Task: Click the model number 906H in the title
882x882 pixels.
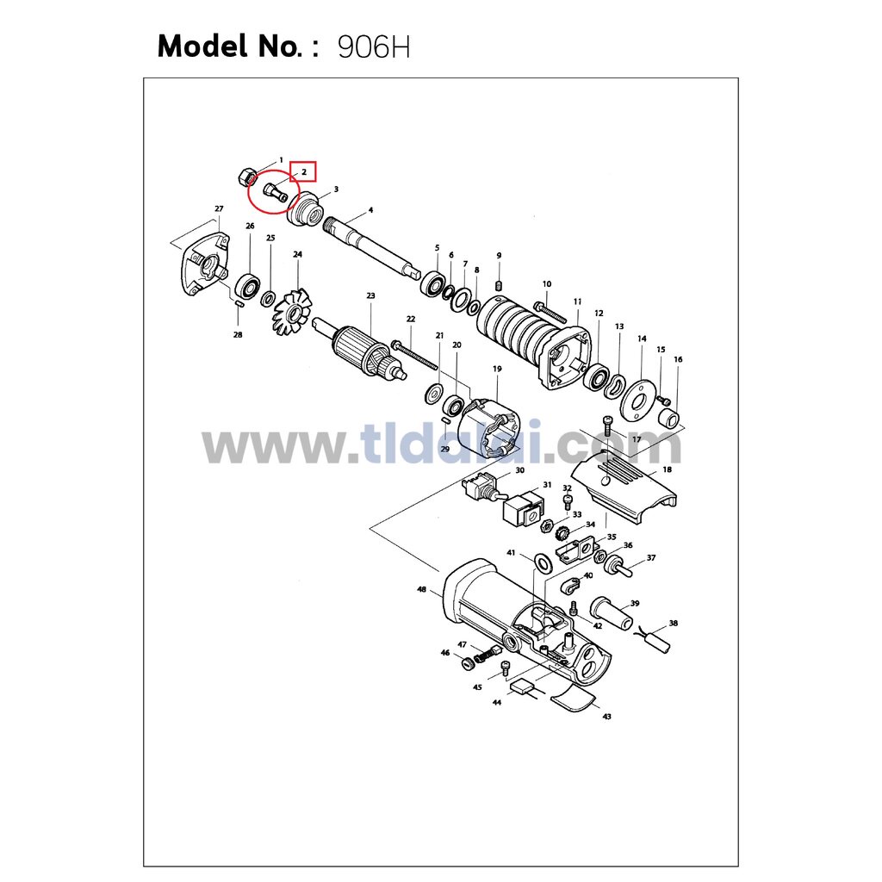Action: pos(374,47)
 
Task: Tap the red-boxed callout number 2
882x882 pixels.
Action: pos(304,171)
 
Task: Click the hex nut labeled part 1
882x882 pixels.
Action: pos(245,177)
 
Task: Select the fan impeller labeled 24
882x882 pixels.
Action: pos(292,314)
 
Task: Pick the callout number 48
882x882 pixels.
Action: pos(421,589)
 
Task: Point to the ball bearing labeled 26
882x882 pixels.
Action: pos(247,286)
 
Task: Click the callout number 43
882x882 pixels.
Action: pos(607,717)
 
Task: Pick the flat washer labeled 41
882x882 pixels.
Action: pos(543,562)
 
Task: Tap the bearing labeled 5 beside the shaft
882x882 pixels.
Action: pos(432,283)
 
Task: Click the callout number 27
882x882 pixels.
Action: pos(220,208)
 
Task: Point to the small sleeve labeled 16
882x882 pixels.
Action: pos(668,418)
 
